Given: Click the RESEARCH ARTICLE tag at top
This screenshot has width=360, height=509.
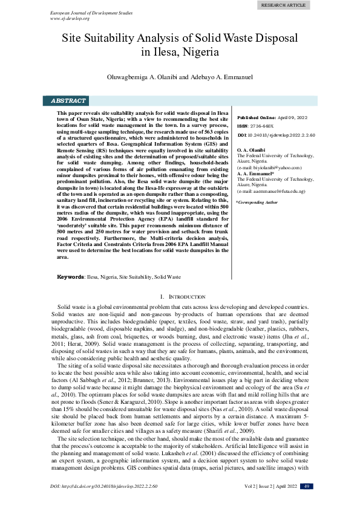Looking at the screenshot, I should coord(283,5).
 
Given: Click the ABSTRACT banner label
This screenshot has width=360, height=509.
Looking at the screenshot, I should coord(68,101).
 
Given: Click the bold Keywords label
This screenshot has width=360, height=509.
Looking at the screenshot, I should coord(70,276).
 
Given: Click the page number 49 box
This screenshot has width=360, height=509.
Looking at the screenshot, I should coord(307,503).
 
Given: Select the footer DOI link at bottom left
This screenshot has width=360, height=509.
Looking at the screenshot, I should coord(104,503).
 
